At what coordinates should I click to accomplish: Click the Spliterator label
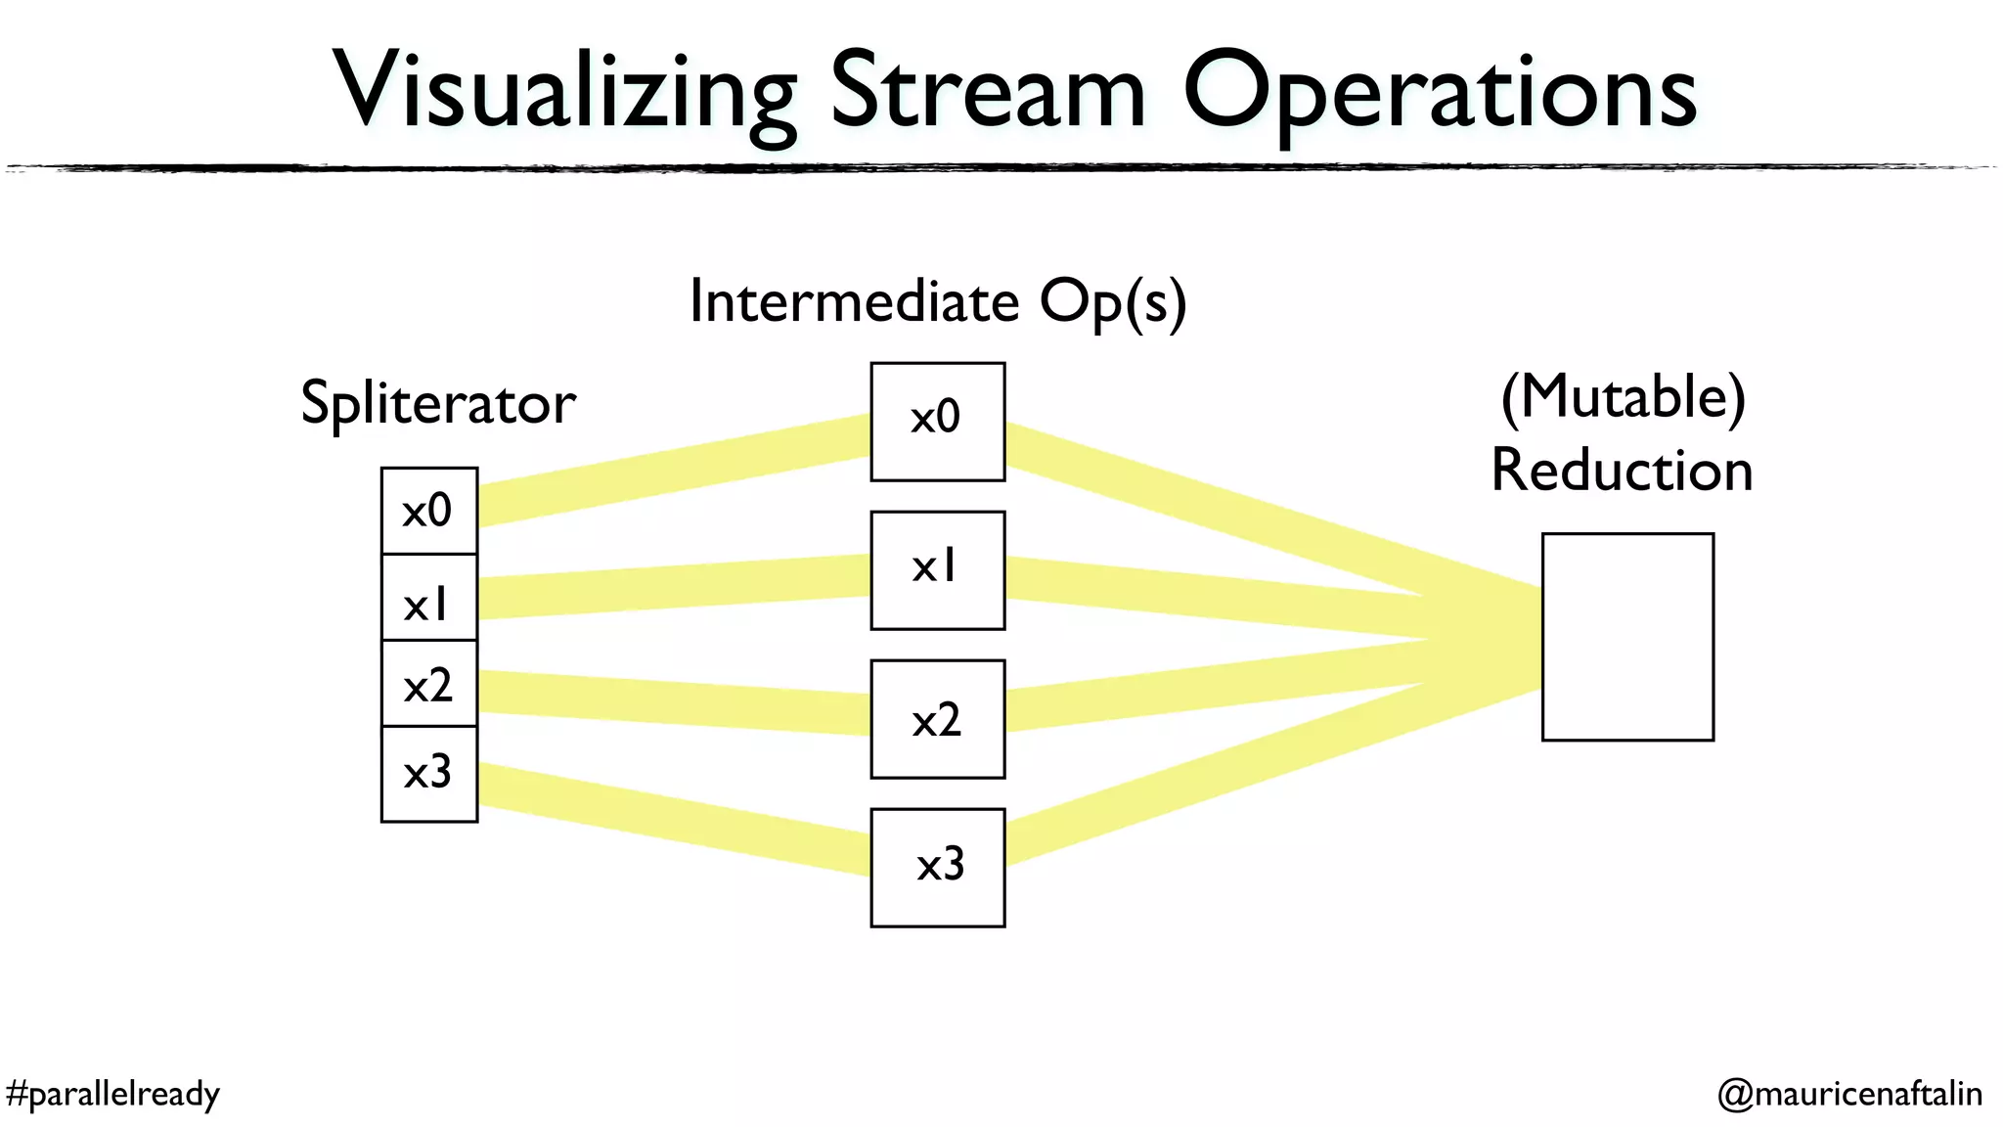click(437, 402)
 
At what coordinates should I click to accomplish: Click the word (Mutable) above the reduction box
click(1623, 396)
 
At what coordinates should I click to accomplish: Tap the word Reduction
click(1622, 471)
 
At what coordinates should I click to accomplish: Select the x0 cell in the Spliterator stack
click(428, 511)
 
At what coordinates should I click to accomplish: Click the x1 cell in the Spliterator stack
click(428, 598)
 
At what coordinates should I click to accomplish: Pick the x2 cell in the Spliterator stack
click(428, 684)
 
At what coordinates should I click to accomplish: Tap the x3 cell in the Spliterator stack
click(428, 774)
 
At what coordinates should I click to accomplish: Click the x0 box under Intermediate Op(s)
click(937, 422)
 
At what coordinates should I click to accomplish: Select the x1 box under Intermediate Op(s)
click(937, 570)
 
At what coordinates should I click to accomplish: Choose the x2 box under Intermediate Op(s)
click(937, 719)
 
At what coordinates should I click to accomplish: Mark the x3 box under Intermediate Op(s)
click(937, 868)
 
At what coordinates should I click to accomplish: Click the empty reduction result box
click(1627, 637)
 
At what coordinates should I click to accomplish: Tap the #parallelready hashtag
click(112, 1093)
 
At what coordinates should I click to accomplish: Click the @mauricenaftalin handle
click(1849, 1093)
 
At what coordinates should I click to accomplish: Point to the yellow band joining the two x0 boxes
click(675, 471)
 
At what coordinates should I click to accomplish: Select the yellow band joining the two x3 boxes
click(675, 817)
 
